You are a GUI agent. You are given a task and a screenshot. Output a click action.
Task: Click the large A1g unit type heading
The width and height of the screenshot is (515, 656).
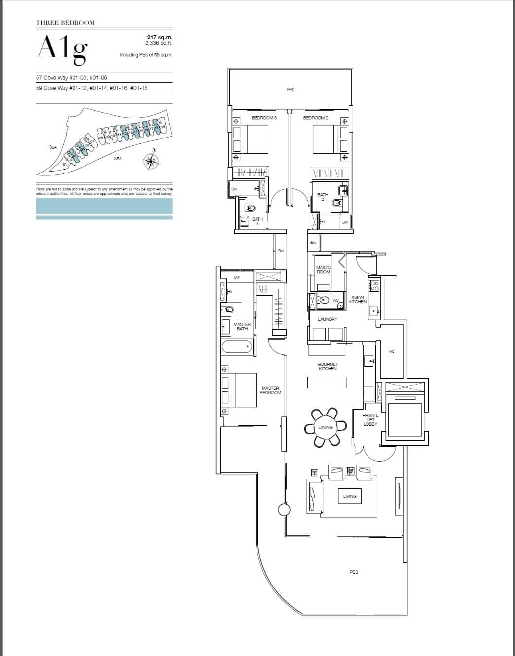tap(63, 49)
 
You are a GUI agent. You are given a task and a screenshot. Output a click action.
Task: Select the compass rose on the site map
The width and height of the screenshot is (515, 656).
tap(152, 160)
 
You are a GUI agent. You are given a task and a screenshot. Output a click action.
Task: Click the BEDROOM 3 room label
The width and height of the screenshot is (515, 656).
tap(264, 118)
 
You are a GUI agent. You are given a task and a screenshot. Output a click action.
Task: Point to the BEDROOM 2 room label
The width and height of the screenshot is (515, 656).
tap(316, 118)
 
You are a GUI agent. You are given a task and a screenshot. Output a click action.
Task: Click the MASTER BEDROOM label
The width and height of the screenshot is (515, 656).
tap(270, 390)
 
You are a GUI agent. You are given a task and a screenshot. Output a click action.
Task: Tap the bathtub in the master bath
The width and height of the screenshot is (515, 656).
tap(237, 346)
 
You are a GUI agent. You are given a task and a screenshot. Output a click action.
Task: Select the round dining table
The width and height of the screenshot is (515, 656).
tap(325, 427)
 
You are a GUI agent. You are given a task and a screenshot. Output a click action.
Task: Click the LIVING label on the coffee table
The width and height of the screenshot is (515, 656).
tap(350, 496)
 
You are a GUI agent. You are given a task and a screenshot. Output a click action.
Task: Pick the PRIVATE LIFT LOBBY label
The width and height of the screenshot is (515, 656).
tap(370, 420)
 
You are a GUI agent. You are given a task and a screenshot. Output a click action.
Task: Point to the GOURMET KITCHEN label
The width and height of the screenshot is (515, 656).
tap(327, 366)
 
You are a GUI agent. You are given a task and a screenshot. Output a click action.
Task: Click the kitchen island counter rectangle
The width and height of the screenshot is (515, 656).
tap(327, 382)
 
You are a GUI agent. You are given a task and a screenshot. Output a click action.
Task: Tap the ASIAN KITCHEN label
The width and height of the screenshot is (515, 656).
tap(358, 299)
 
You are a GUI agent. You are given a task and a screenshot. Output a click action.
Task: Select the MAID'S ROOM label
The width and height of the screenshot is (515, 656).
tap(323, 269)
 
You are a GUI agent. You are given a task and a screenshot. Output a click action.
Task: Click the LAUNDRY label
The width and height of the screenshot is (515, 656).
tap(327, 319)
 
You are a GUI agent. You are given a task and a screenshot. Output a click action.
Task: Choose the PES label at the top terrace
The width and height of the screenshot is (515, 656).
tap(290, 90)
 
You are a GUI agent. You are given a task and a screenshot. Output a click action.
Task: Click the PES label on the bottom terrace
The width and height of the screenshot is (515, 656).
tap(353, 572)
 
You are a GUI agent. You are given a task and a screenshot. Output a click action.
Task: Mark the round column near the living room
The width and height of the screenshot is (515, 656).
tap(284, 510)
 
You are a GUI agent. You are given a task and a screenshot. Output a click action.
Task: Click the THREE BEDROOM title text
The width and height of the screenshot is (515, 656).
tap(65, 23)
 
